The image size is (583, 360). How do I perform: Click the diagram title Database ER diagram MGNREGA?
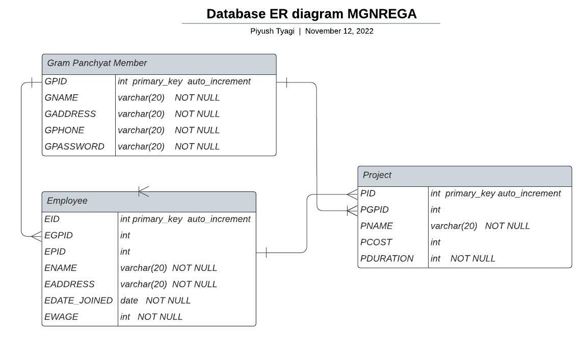[311, 14]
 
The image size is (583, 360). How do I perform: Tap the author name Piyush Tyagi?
[272, 31]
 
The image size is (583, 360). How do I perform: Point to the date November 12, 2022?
[339, 31]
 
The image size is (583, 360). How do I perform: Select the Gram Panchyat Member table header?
[159, 64]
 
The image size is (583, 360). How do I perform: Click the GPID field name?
[56, 81]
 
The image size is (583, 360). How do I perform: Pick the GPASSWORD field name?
[74, 146]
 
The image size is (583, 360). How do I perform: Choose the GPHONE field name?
[64, 130]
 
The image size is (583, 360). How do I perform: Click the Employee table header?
[149, 202]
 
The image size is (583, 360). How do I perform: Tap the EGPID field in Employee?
[59, 235]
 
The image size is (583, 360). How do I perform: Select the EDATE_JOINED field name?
[78, 300]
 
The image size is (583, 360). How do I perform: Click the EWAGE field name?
[61, 317]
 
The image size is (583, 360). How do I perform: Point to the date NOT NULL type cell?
[155, 300]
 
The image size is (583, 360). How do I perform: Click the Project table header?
[465, 177]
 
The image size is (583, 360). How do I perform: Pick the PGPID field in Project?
[375, 210]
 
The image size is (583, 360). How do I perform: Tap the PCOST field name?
[376, 242]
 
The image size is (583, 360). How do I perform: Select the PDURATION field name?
[387, 259]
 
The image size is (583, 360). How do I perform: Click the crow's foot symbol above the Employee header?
[144, 191]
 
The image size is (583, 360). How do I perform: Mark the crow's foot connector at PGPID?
[352, 211]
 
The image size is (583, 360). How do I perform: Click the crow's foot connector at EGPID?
[37, 236]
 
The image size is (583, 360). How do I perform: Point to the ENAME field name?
[61, 268]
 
